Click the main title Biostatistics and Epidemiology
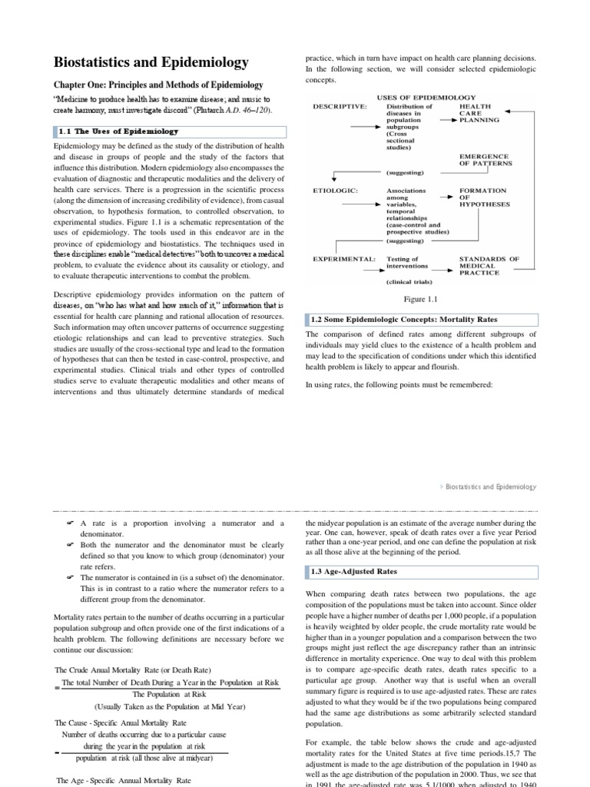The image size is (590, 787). click(151, 62)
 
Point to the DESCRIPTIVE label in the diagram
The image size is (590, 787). click(340, 107)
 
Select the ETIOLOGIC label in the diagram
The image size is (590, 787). click(334, 190)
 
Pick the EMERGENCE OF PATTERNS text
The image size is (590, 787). click(485, 159)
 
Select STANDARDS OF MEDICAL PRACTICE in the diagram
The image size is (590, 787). click(489, 265)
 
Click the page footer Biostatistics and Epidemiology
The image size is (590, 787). click(492, 487)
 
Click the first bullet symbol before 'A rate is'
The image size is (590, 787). click(69, 523)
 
